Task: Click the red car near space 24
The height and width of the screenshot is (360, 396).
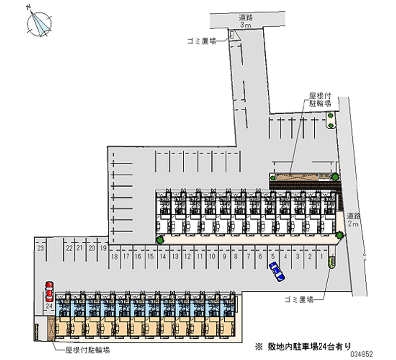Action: pos(49,292)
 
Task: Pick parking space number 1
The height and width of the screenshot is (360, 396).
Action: pos(322,257)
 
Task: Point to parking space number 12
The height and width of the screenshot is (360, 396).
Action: pos(187,257)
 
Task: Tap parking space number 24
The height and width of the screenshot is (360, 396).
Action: pos(49,307)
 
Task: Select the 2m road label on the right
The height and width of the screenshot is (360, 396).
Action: pos(353,220)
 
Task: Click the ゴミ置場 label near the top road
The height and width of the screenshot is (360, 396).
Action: pos(201,42)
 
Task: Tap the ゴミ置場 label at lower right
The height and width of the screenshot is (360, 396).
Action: pos(299,300)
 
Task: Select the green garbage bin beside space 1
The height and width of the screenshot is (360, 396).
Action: pos(331,261)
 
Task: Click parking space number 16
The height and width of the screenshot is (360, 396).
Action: pos(138,257)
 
